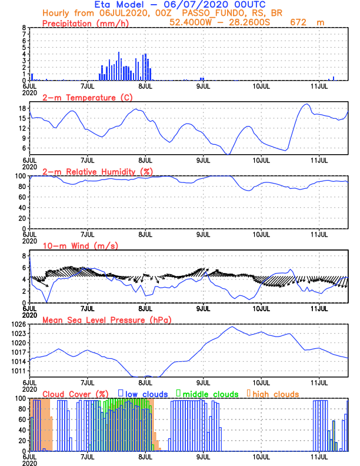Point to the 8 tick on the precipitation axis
click(x=24, y=28)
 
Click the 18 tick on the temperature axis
click(x=22, y=108)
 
